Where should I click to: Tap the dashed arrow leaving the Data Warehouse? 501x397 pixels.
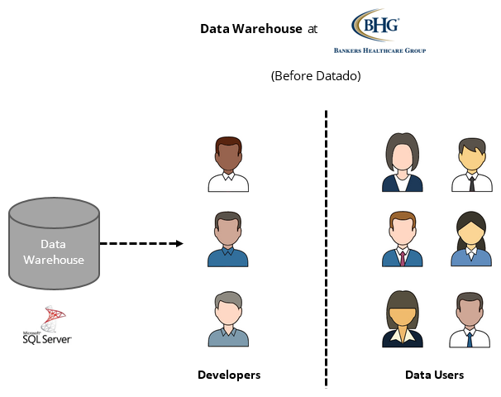point(141,244)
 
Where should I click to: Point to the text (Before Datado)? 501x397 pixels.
point(316,75)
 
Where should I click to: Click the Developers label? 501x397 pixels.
point(229,375)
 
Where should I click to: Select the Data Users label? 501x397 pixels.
point(434,375)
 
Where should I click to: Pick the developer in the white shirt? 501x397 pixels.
point(227,165)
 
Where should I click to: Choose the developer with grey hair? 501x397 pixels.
point(227,319)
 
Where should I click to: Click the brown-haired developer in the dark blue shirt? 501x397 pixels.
point(227,240)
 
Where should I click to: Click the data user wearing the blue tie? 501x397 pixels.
point(470,320)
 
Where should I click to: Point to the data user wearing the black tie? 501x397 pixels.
point(471,165)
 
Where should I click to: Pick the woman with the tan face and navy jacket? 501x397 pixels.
point(403,320)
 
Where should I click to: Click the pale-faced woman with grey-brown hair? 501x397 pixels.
point(403,163)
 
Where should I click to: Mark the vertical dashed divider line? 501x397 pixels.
point(326,248)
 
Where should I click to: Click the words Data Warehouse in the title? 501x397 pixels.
point(251,29)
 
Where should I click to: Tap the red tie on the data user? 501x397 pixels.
point(403,257)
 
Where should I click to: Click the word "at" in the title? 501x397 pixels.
point(312,29)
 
